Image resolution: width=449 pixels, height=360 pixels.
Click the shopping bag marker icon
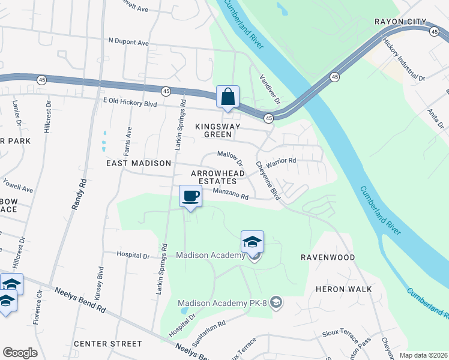point(228,97)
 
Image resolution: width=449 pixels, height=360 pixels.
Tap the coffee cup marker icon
point(191,196)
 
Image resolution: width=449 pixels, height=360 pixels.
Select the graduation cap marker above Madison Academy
point(253,242)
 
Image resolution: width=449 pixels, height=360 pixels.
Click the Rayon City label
point(400,22)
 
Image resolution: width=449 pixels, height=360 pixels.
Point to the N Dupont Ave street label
point(128,43)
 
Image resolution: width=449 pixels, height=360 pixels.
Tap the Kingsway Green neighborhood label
point(217,131)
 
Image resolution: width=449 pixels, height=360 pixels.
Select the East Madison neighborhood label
point(139,163)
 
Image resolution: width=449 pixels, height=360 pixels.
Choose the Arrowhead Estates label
point(218,177)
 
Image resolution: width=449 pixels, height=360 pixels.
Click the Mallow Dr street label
point(230,158)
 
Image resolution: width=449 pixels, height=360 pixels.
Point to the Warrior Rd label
point(282,161)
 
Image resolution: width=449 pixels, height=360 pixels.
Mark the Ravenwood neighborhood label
point(328,257)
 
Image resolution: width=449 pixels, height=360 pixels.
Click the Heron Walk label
point(344,289)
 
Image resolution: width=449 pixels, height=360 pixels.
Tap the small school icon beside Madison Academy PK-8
point(276,301)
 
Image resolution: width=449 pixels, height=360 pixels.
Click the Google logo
point(20,353)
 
